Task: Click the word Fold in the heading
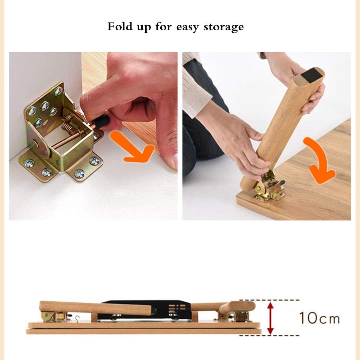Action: click(x=120, y=26)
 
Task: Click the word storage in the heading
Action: click(x=224, y=27)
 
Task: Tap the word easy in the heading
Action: click(x=187, y=28)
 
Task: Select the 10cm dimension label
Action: click(x=319, y=318)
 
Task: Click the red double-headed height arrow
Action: click(x=270, y=318)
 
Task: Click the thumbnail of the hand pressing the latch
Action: click(x=93, y=136)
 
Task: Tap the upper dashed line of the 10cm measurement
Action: click(x=269, y=300)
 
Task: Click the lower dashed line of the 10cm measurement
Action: click(x=269, y=335)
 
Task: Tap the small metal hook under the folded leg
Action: click(x=77, y=317)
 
